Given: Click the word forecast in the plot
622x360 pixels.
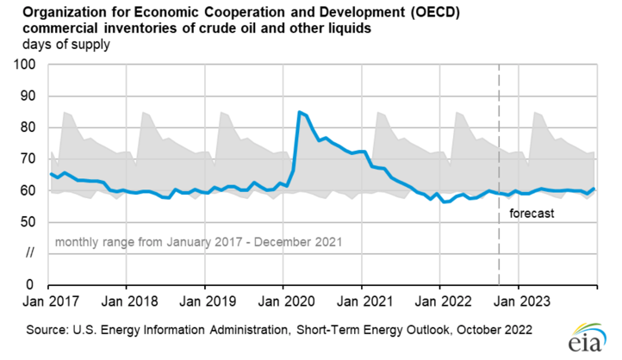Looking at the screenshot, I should (531, 213).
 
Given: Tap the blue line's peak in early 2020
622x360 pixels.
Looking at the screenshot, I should (299, 112).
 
